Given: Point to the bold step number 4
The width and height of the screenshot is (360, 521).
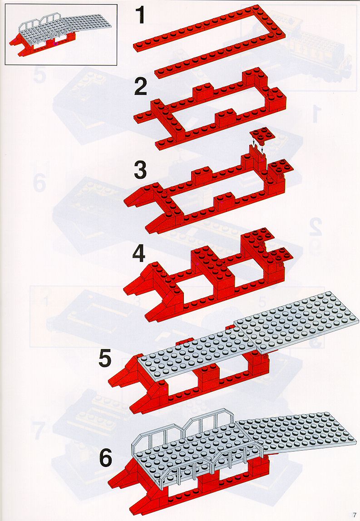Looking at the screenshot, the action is [139, 255].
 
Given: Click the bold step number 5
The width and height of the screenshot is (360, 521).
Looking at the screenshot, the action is [105, 359].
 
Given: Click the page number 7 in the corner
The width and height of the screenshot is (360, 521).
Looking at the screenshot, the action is [355, 515].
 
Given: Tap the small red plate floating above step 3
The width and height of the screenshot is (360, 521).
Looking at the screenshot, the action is [262, 135].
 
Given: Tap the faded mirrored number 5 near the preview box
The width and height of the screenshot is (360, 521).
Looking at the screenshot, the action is [39, 75].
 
